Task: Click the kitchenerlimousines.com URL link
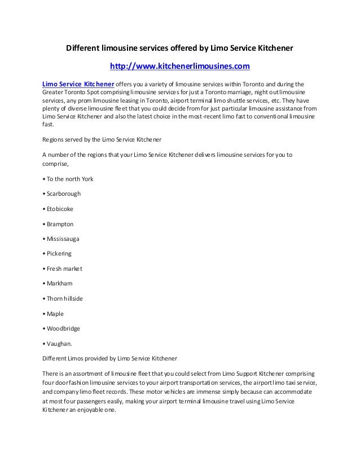click(x=179, y=67)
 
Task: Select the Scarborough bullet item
click(x=64, y=194)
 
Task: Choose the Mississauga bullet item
click(x=64, y=239)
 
